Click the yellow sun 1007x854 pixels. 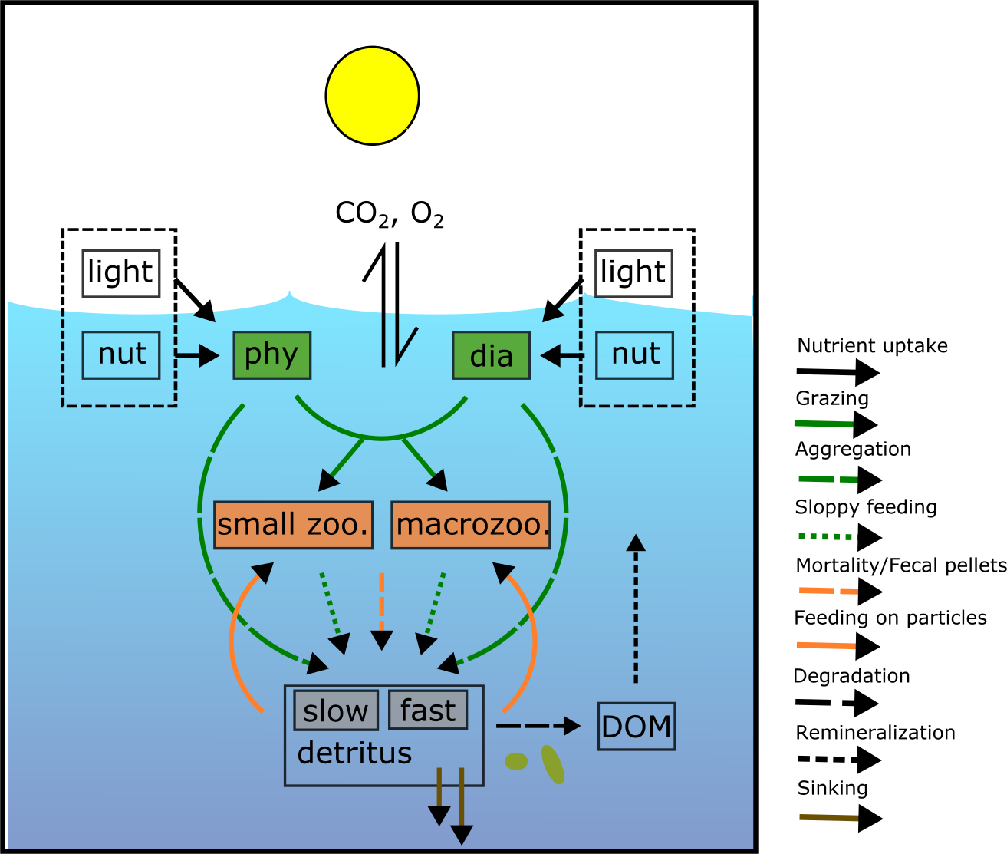pyautogui.click(x=372, y=95)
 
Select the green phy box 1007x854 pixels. pyautogui.click(x=271, y=355)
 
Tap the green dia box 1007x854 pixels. pyautogui.click(x=491, y=355)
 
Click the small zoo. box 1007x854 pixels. pyautogui.click(x=293, y=526)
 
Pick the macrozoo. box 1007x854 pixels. pyautogui.click(x=471, y=526)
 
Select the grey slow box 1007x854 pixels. pyautogui.click(x=336, y=711)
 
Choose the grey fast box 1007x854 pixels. pyautogui.click(x=428, y=710)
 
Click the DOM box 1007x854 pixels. pyautogui.click(x=637, y=727)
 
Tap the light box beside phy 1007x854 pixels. pyautogui.click(x=121, y=273)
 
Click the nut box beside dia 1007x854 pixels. pyautogui.click(x=635, y=355)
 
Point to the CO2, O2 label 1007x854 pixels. pyautogui.click(x=390, y=214)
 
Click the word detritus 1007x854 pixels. pyautogui.click(x=354, y=753)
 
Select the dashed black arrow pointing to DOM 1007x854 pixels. pyautogui.click(x=537, y=725)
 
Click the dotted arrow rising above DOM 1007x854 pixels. pyautogui.click(x=635, y=606)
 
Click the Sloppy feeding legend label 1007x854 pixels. pyautogui.click(x=866, y=507)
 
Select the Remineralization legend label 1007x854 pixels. pyautogui.click(x=875, y=733)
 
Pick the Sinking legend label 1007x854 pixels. pyautogui.click(x=832, y=788)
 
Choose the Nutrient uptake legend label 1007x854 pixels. pyautogui.click(x=872, y=346)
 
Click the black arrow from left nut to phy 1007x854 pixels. pyautogui.click(x=196, y=355)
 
